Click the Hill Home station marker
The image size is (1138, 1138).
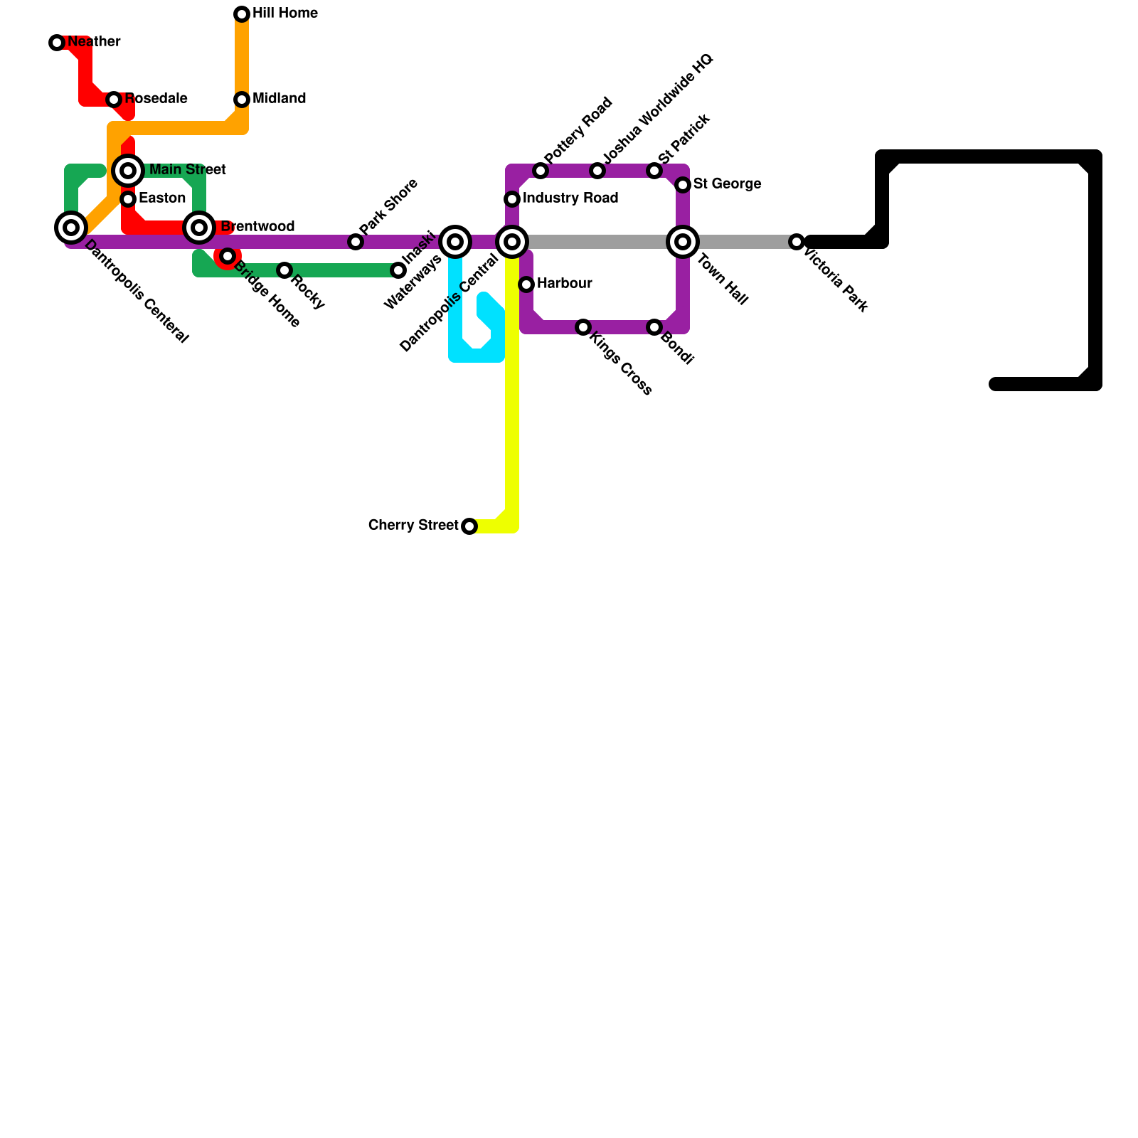(242, 14)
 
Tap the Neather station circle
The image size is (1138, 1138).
(57, 43)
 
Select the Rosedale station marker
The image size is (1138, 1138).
(114, 100)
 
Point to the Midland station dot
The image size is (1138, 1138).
(242, 100)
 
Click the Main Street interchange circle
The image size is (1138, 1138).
(128, 171)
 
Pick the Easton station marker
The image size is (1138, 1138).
(128, 199)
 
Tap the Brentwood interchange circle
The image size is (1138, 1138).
(199, 228)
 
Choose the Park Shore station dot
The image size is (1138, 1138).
(356, 242)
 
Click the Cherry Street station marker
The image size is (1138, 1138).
(469, 526)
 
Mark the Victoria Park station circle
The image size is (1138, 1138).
(797, 242)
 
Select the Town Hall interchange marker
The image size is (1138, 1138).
(683, 242)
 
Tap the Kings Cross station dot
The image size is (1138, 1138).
(583, 327)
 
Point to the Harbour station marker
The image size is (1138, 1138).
(526, 284)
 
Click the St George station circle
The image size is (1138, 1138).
(683, 185)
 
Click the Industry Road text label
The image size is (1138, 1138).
(570, 198)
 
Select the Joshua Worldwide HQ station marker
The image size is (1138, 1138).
(597, 171)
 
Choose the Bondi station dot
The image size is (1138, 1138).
(654, 327)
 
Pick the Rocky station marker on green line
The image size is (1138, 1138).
(284, 270)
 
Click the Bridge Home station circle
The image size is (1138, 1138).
(228, 256)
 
